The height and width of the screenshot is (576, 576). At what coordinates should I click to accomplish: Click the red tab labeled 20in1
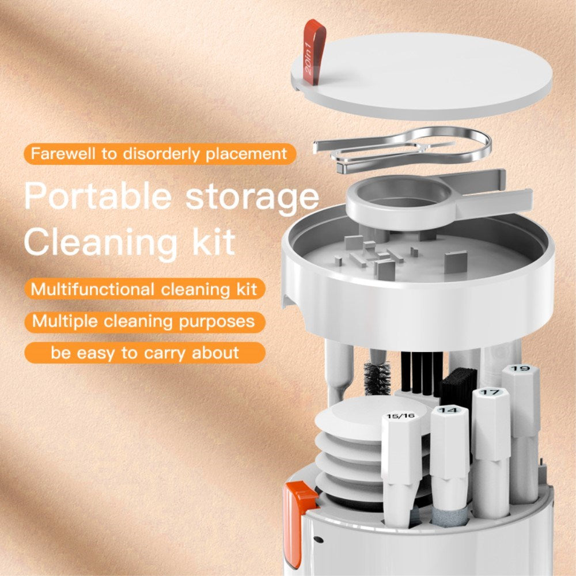click(313, 52)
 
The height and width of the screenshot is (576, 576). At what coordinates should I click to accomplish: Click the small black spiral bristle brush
click(377, 377)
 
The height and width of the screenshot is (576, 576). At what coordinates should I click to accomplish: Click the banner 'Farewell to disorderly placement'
click(159, 154)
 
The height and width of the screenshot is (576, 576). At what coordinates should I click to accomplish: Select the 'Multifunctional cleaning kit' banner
click(144, 288)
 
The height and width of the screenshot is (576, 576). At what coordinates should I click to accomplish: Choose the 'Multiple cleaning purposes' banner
click(143, 321)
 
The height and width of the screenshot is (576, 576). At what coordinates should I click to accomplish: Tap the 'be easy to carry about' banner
click(144, 353)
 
